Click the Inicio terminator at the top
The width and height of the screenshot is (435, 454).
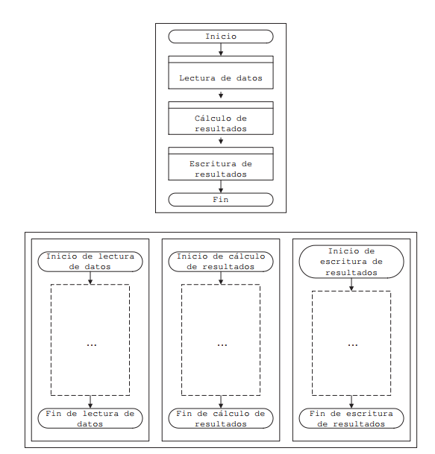click(221, 37)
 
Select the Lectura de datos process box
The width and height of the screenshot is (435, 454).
click(221, 72)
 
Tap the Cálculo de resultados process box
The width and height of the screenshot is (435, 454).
click(221, 118)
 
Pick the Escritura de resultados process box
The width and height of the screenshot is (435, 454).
click(221, 163)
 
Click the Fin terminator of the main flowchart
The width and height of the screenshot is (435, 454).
click(221, 200)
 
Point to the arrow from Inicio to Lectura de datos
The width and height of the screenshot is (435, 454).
click(221, 49)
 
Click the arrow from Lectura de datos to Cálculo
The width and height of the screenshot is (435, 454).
click(221, 95)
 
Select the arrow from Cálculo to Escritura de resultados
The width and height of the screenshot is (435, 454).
click(221, 141)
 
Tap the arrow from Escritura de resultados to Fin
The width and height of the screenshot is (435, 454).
click(221, 186)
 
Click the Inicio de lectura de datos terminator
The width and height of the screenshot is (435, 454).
click(90, 262)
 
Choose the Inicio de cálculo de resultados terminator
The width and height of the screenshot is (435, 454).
click(221, 262)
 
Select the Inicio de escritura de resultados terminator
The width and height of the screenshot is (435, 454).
click(351, 262)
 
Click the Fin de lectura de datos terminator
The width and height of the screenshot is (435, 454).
click(90, 418)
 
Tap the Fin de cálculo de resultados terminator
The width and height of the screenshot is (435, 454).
click(221, 418)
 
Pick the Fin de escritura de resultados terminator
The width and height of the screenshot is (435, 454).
click(351, 418)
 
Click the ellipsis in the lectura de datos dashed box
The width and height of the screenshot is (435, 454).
click(92, 345)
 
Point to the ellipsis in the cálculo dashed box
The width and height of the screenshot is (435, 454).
click(222, 345)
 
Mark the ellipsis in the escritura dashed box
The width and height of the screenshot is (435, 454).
click(353, 345)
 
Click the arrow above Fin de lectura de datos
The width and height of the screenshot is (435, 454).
click(90, 402)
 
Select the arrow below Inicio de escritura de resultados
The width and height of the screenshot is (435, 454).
click(351, 285)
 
